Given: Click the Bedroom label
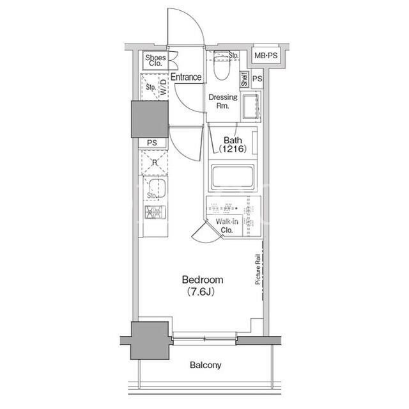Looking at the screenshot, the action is coord(203,280).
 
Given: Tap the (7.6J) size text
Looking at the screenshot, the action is coord(201,292).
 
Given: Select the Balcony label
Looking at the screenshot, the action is coord(205,365).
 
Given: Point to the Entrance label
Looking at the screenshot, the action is coord(186,77).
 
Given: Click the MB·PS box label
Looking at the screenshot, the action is coord(266,56).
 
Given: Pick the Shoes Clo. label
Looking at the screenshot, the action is coord(155,60).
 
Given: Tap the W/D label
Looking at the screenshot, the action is coord(164,87).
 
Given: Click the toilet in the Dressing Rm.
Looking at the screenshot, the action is coord(222,65).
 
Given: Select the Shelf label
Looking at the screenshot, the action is coord(244,79).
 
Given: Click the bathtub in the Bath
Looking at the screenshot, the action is coord(233,177).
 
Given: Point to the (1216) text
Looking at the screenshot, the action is coord(233,149).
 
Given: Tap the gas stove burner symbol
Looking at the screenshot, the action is coord(155,212).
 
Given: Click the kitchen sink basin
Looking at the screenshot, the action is coord(157,188).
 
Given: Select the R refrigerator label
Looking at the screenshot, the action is coord(155,163).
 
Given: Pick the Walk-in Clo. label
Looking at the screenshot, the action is coord(227,226).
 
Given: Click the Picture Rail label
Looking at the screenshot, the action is coord(258,269).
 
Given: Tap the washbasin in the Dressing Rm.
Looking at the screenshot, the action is coord(251,106).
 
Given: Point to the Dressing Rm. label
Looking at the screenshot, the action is coord(223,101).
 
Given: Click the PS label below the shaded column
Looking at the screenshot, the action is coord(152,143).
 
